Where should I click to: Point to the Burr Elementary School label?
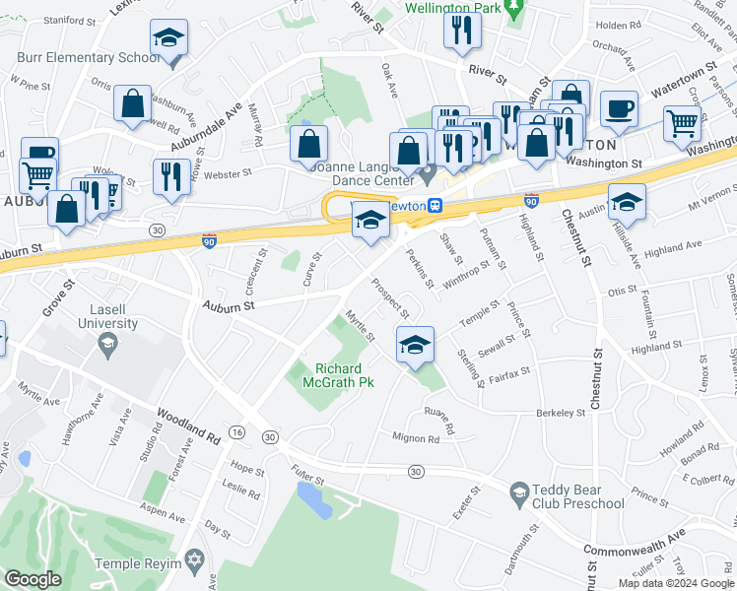88,57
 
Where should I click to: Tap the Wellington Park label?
452,7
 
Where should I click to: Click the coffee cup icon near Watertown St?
618,108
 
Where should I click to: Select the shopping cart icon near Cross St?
682,123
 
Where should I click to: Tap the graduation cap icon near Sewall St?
415,344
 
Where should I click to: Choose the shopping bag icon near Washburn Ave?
132,103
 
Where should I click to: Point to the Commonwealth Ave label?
634,542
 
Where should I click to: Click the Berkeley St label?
561,413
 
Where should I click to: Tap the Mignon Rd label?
415,436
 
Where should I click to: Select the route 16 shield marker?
237,432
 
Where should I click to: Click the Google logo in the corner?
33,578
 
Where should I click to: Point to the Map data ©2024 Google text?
675,583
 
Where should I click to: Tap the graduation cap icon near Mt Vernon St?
626,201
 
